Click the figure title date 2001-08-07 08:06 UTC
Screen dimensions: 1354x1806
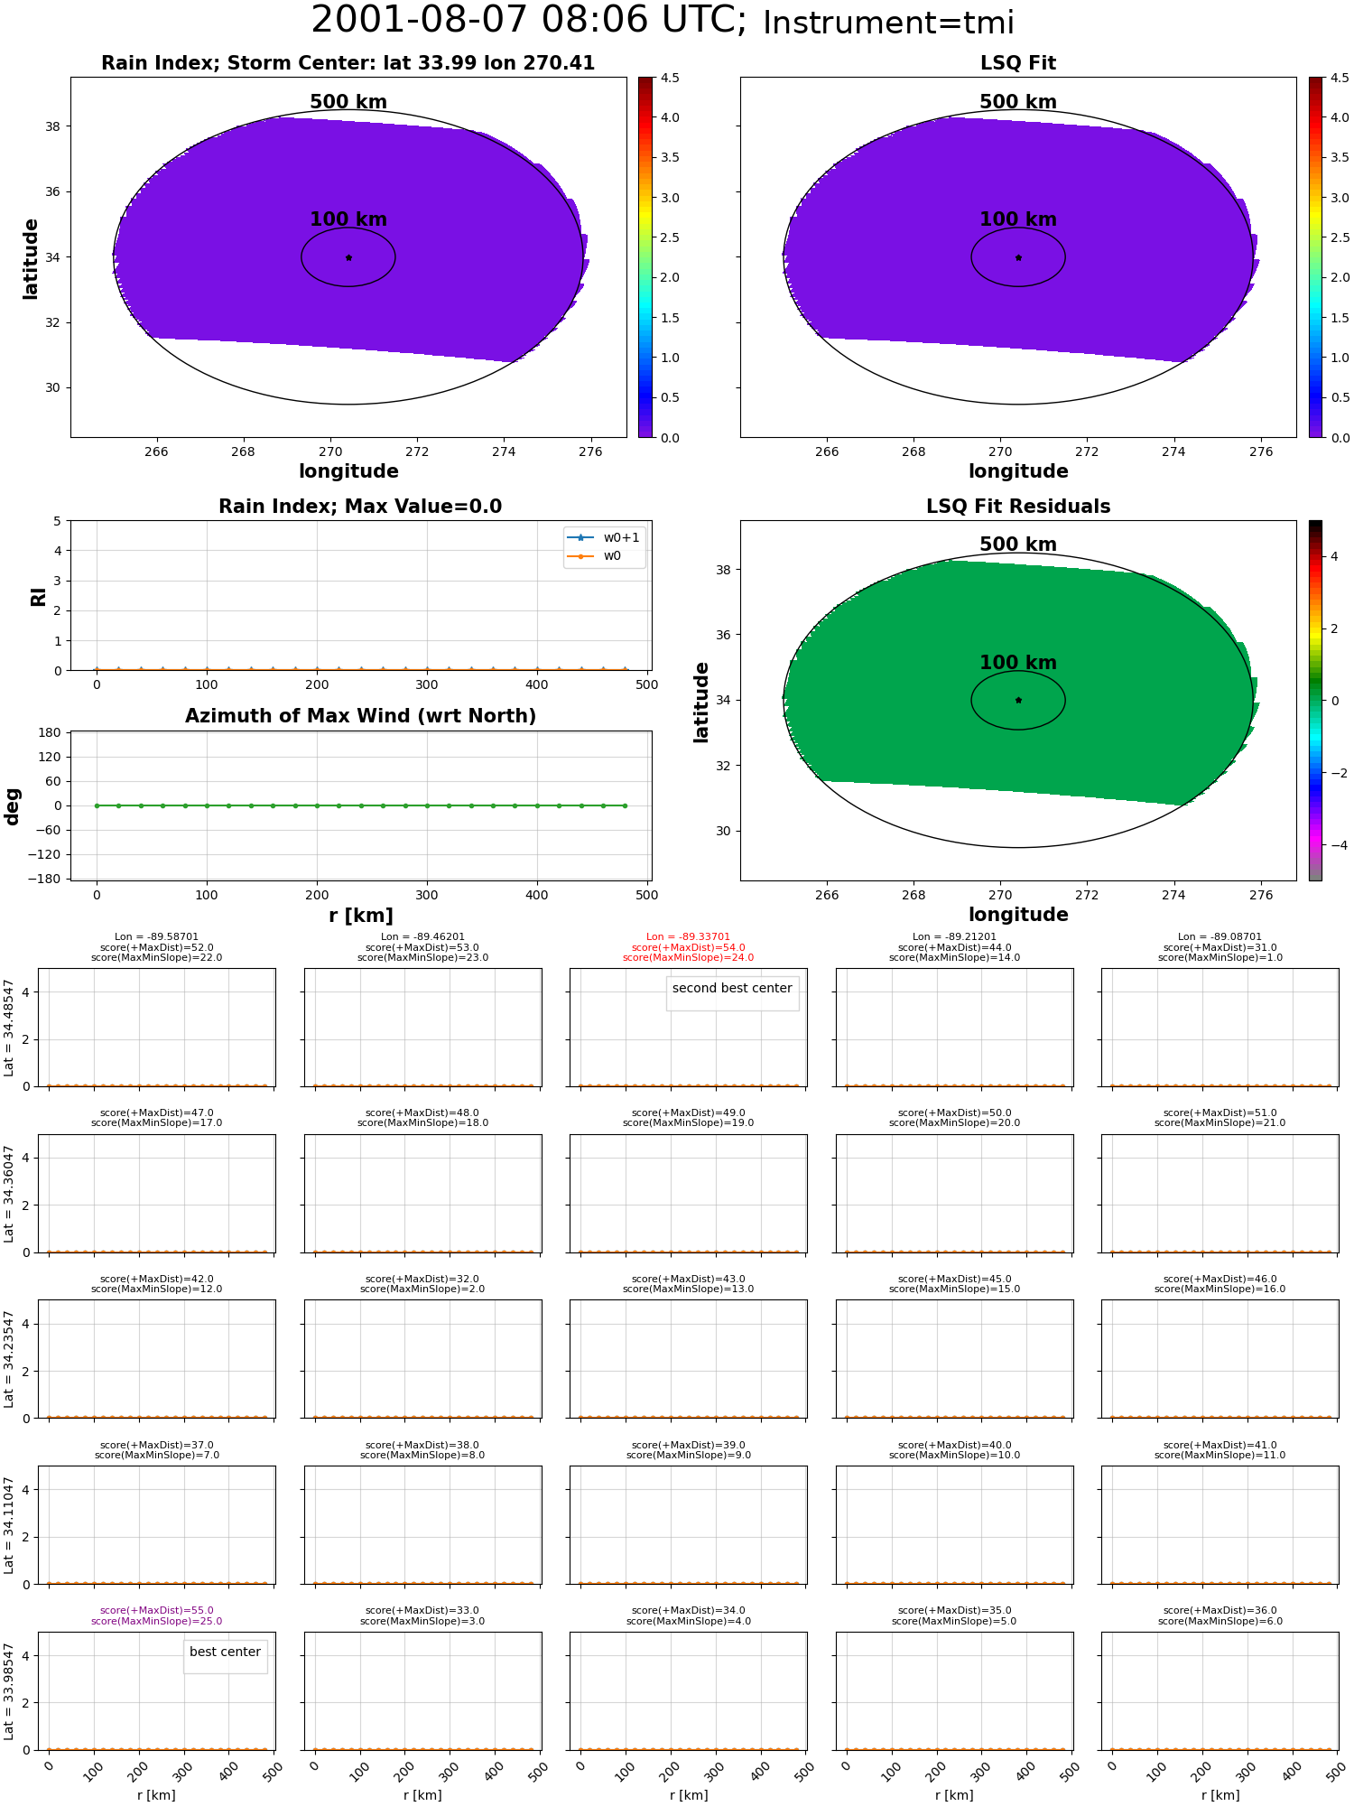click(528, 20)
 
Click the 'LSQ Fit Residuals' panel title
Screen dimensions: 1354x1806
click(1018, 507)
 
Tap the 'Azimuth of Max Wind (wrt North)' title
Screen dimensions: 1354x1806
click(360, 716)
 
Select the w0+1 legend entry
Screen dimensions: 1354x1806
click(604, 537)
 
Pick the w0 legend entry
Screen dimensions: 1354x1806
click(595, 555)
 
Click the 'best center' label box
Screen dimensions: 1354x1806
click(225, 1652)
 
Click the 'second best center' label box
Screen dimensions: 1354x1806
click(732, 989)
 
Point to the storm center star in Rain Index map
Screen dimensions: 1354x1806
click(348, 257)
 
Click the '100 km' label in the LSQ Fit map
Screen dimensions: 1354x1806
click(1018, 219)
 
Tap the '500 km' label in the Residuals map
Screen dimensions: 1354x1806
click(1018, 545)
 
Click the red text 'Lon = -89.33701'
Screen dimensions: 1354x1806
click(688, 937)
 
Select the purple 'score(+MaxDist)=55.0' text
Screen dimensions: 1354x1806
click(157, 1611)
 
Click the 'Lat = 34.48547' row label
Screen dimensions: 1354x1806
click(9, 1028)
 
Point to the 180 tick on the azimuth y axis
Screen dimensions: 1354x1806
click(50, 732)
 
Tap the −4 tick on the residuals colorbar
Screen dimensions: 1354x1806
click(1335, 845)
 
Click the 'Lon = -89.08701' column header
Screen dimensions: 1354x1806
click(1220, 937)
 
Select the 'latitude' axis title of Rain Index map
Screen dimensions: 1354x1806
click(31, 258)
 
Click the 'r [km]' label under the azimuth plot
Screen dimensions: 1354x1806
click(360, 916)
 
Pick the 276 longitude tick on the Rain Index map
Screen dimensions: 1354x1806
click(590, 451)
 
